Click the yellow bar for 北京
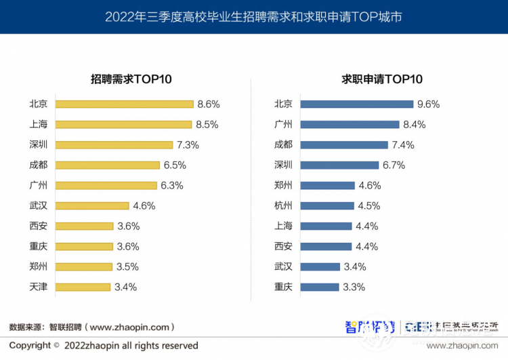pos(125,104)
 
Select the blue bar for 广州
pos(350,125)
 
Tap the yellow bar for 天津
pos(83,287)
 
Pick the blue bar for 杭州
pos(327,206)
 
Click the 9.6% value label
pos(429,104)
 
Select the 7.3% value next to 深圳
pos(188,145)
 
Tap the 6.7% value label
pos(394,165)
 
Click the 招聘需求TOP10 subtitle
pos(131,79)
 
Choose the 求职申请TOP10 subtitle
pos(382,79)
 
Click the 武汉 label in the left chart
pos(39,206)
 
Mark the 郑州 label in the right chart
pos(283,186)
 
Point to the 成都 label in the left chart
pos(39,165)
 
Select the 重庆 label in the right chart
pos(283,287)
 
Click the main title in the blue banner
pos(253,16)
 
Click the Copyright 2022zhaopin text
pos(104,346)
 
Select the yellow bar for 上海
pos(123,125)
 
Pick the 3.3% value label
pos(354,287)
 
